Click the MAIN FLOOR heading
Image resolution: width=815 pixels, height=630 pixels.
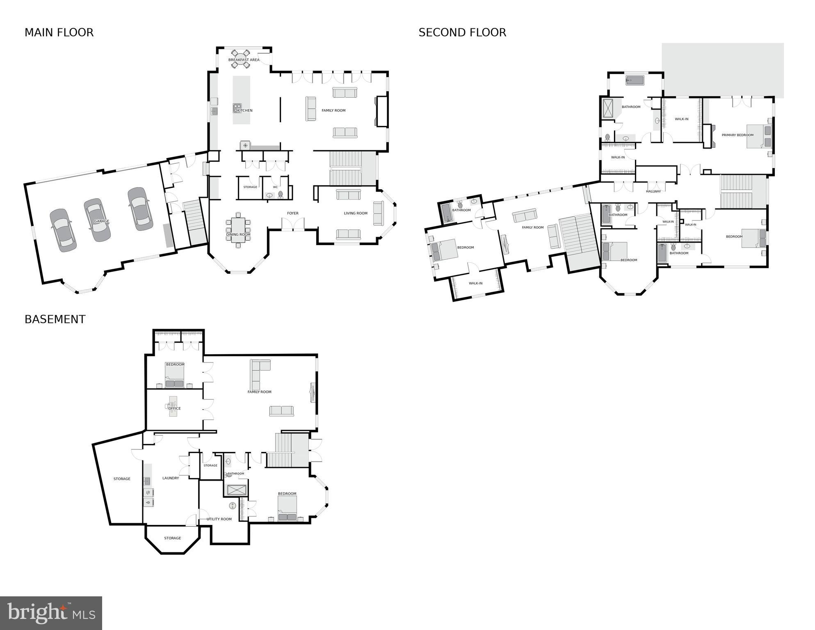point(59,32)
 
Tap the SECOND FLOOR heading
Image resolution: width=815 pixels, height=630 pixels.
point(462,32)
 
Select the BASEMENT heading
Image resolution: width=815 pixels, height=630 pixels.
point(55,319)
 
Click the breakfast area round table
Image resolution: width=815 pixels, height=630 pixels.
point(240,58)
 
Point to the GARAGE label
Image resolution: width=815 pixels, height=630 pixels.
point(102,221)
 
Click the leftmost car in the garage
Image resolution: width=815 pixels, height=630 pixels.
point(63,230)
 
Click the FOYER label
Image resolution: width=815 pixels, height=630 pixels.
point(292,213)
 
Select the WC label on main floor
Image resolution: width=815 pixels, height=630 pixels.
point(275,187)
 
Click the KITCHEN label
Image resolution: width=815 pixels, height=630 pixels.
point(245,110)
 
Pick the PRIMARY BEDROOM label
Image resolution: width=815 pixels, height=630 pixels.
point(737,135)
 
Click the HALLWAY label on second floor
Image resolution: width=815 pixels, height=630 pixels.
point(653,191)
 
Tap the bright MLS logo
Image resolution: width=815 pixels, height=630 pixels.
point(51,613)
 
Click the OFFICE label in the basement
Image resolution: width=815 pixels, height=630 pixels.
point(174,408)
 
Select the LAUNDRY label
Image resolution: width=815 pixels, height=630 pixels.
point(171,478)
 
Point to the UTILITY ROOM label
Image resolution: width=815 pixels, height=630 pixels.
point(219,519)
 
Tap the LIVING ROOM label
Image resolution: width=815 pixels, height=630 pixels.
point(356,213)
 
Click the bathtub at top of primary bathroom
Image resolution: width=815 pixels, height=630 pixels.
point(635,80)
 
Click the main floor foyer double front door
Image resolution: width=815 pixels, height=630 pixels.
point(293,225)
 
